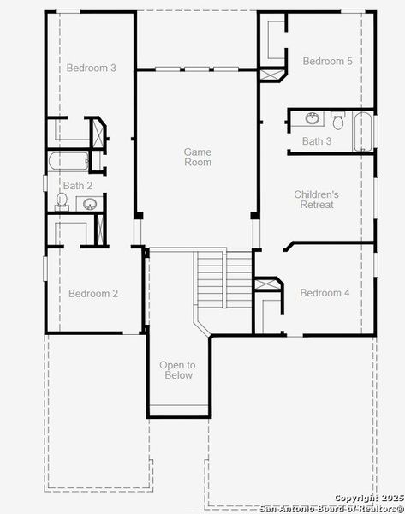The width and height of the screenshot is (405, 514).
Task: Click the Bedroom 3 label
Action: [x=91, y=68]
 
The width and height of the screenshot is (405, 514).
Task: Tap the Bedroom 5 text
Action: [x=327, y=61]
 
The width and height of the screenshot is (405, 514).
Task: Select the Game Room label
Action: [x=198, y=157]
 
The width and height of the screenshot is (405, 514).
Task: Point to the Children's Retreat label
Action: [x=316, y=200]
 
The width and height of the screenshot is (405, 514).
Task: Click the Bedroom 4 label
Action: [x=325, y=293]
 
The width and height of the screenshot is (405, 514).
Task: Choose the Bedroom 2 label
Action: [x=93, y=294]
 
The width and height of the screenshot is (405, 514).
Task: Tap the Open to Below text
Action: [x=177, y=370]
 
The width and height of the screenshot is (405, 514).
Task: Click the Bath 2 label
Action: [x=78, y=185]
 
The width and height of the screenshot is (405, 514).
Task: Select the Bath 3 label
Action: [x=317, y=141]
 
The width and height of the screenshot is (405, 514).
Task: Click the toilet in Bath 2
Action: [x=62, y=200]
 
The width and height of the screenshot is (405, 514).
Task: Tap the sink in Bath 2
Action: [x=89, y=204]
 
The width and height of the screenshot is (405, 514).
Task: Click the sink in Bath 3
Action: [x=313, y=118]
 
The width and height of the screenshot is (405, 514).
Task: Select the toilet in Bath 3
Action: [x=338, y=122]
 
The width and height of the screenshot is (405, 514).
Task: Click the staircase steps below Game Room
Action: [x=211, y=278]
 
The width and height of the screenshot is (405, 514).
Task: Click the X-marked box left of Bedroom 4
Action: [x=268, y=285]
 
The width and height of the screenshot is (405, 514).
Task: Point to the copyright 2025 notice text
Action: [x=368, y=498]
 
